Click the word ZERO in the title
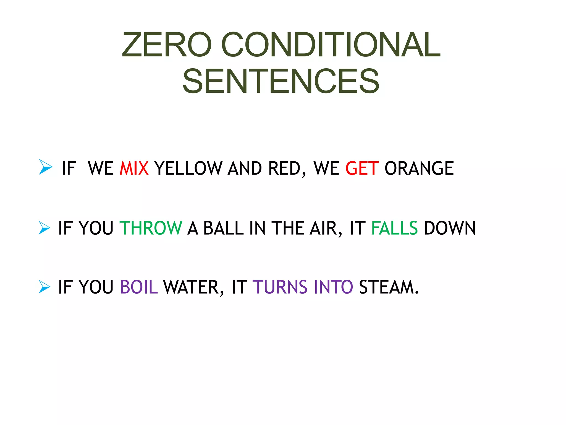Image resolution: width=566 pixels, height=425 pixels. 167,45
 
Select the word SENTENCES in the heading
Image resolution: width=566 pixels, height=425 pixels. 281,81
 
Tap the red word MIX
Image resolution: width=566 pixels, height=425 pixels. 134,168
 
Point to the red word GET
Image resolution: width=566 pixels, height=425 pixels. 362,168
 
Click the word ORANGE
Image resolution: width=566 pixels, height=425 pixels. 419,168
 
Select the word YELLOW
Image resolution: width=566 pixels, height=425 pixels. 188,168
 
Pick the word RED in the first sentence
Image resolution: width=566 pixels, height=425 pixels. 284,168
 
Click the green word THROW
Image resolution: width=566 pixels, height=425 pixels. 151,228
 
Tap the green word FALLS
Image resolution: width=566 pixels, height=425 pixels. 394,228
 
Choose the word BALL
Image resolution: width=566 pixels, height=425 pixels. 223,228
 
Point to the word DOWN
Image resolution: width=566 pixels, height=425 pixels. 450,228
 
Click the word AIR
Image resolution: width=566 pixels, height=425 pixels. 324,228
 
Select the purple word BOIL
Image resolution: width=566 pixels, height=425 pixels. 139,287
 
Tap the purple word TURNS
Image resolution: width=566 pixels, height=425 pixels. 280,287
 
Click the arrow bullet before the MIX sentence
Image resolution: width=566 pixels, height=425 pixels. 45,167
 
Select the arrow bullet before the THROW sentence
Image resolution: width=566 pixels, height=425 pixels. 44,228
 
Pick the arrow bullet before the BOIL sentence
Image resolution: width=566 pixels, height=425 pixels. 44,287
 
